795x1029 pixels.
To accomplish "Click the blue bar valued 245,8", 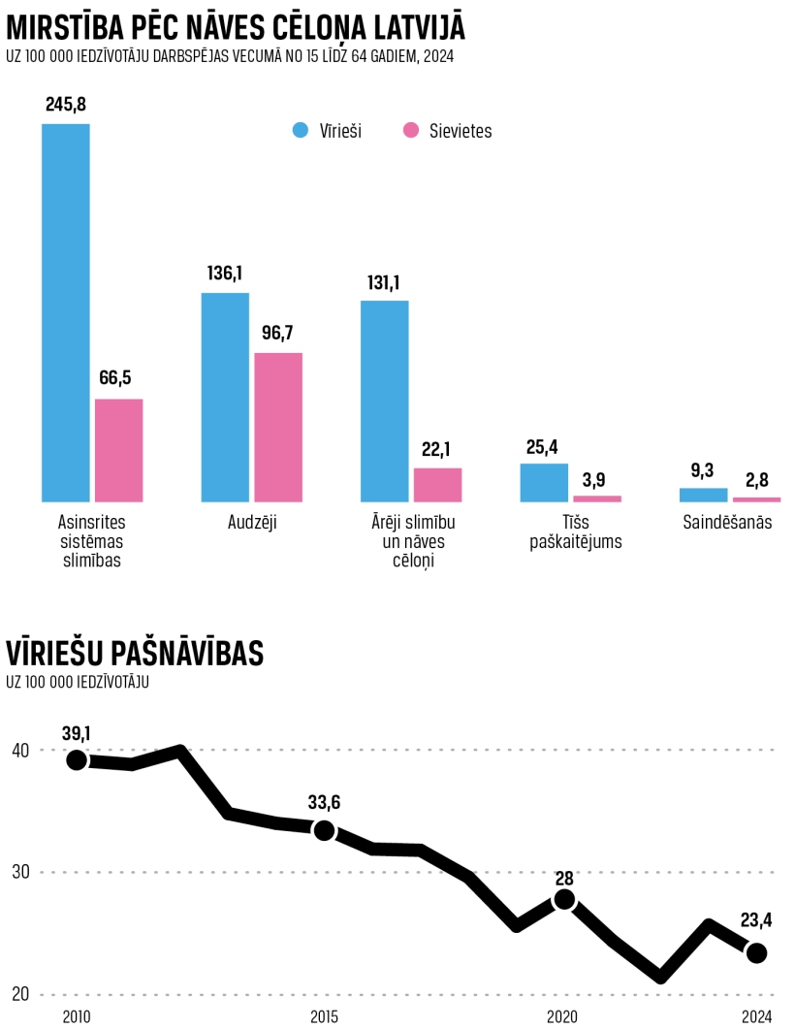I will (65, 312).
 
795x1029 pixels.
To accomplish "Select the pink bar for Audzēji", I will (278, 427).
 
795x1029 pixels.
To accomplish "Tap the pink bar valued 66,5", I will (118, 450).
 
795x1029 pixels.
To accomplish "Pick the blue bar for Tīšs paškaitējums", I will (544, 482).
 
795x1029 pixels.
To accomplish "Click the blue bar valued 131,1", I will (384, 401).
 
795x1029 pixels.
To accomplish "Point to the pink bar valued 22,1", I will (437, 484).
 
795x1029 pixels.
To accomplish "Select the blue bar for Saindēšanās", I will (703, 495).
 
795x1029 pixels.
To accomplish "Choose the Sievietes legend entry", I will (448, 131).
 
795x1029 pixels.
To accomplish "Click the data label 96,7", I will (277, 334).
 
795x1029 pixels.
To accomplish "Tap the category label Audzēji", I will (252, 523).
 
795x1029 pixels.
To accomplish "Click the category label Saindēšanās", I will (727, 523).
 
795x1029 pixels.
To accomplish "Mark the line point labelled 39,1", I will (77, 760).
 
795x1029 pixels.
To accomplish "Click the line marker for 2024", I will (756, 953).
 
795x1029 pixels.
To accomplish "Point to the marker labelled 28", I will (564, 900).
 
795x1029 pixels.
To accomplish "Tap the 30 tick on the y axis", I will (20, 872).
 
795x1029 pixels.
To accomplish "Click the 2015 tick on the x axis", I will (324, 1015).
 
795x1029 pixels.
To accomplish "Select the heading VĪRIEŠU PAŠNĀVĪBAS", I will (135, 654).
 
